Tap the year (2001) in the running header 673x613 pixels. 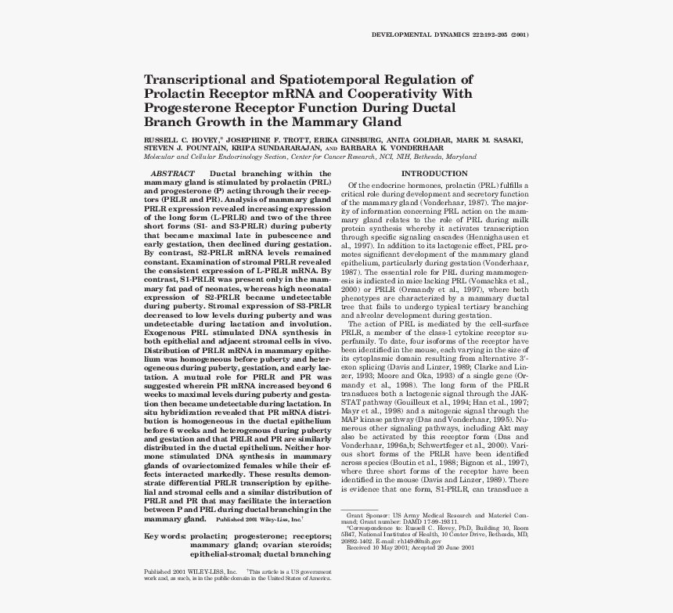click(x=516, y=35)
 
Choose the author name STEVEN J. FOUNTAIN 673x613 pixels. click(x=176, y=147)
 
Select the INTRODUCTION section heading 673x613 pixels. click(x=434, y=173)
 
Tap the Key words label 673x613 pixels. click(x=164, y=536)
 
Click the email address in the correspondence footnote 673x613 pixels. click(x=416, y=541)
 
